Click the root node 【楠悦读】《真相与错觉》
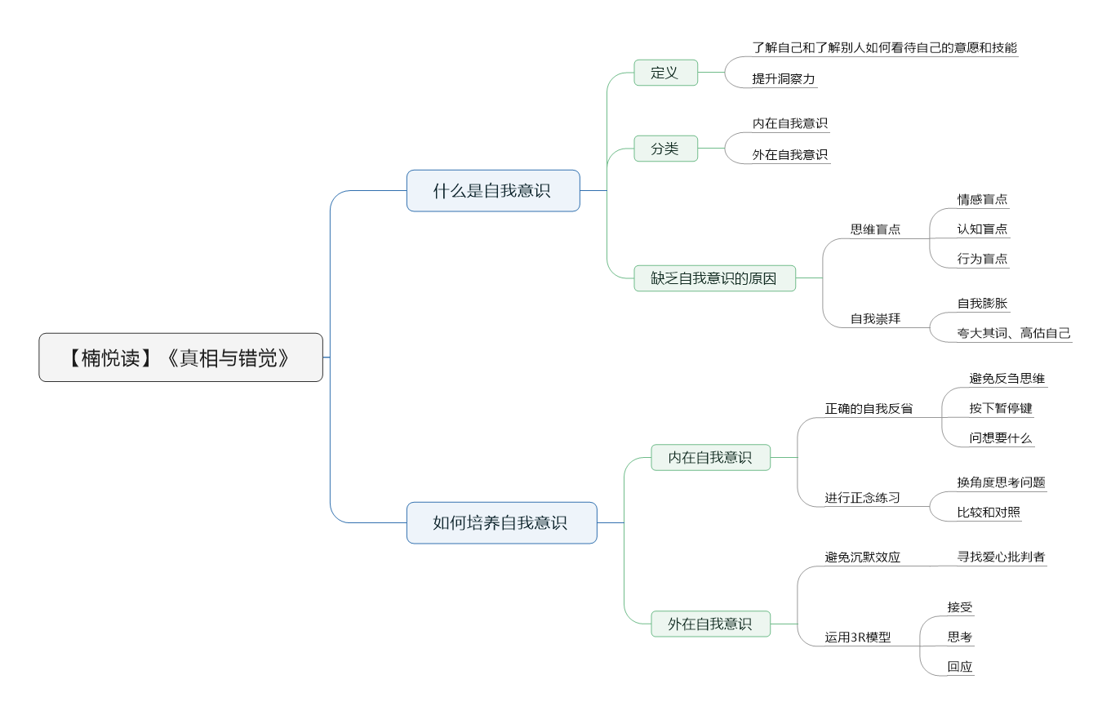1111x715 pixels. tap(180, 357)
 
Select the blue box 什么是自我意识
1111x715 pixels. tap(493, 191)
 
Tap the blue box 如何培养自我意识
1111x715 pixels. tap(501, 522)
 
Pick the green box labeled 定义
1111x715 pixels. tap(665, 73)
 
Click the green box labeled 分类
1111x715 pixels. tap(665, 149)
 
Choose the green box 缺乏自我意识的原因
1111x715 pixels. tap(715, 278)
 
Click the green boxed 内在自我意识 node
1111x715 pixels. tap(710, 457)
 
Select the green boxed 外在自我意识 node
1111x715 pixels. tap(710, 624)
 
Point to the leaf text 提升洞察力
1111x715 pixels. tap(783, 79)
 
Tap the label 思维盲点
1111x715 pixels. tap(875, 229)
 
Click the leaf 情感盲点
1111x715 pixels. tap(982, 199)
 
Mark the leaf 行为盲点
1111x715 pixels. tap(982, 259)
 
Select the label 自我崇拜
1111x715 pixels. tap(875, 318)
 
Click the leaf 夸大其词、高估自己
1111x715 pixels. tap(1014, 333)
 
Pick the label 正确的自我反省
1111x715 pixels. tap(869, 409)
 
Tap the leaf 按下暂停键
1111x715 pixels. tap(1001, 408)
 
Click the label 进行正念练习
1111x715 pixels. tap(862, 497)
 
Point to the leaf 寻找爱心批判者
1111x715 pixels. tap(1001, 557)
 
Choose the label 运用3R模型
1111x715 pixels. tap(858, 637)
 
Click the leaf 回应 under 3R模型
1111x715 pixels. tap(960, 666)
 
